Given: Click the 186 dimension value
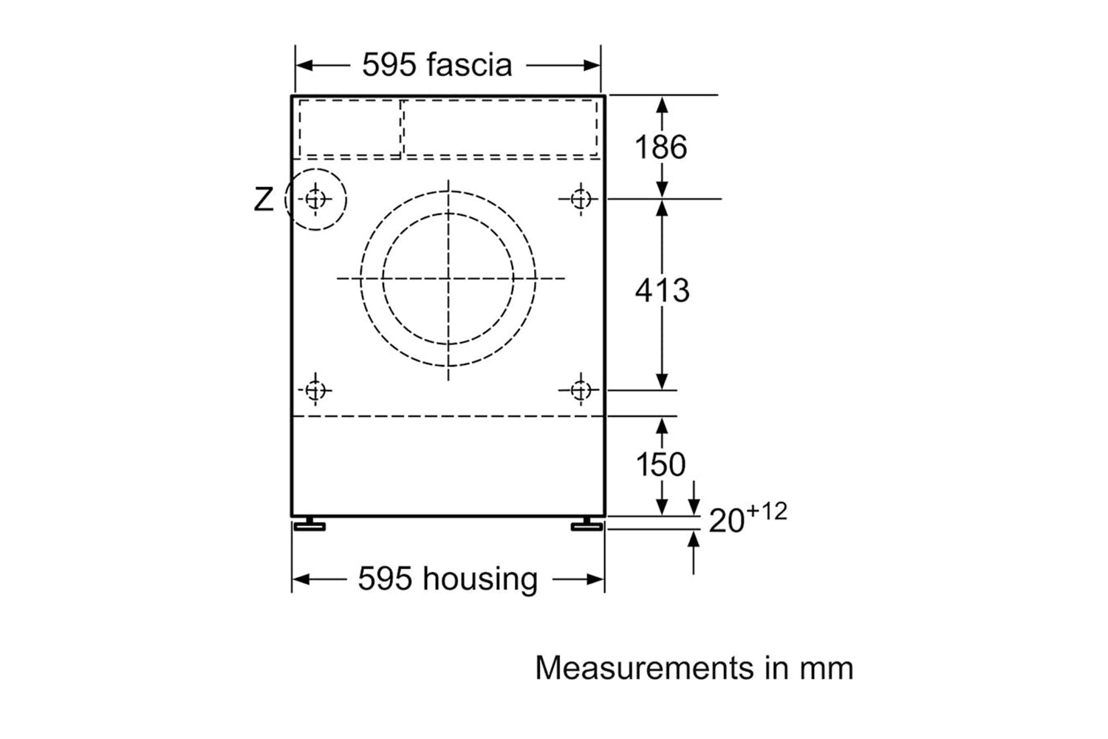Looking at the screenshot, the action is click(x=661, y=147).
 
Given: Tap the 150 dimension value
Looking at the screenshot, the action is click(x=660, y=464).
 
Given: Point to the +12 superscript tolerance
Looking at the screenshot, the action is click(x=766, y=511).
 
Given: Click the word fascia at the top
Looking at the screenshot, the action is click(x=469, y=64).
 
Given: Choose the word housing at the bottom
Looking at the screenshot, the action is click(x=480, y=579).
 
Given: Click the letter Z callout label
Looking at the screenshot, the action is click(x=263, y=200).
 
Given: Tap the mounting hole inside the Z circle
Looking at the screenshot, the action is click(x=315, y=200).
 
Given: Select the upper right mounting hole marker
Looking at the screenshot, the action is click(x=581, y=199).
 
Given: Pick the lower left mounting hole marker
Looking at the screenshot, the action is click(x=315, y=390).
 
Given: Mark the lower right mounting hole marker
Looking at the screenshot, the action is click(x=581, y=390).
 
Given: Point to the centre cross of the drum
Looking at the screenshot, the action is click(x=448, y=279).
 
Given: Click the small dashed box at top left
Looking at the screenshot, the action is click(x=349, y=128).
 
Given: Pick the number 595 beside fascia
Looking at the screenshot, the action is click(x=389, y=64).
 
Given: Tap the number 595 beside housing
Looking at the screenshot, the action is click(x=385, y=579).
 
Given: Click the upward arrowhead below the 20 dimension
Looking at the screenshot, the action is click(x=694, y=539).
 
